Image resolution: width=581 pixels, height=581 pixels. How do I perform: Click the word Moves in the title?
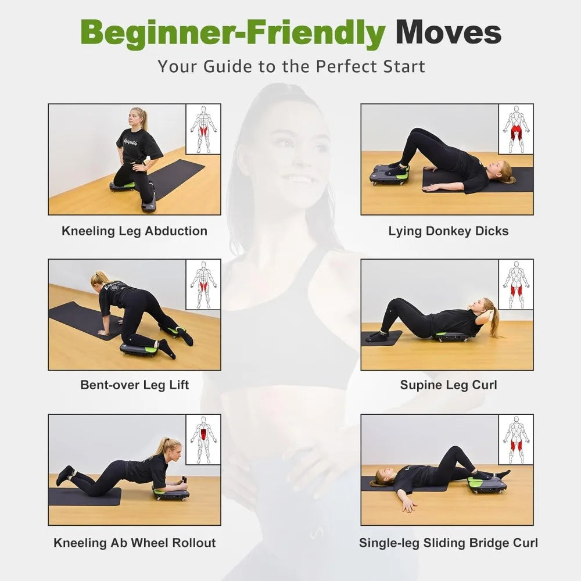pyautogui.click(x=449, y=32)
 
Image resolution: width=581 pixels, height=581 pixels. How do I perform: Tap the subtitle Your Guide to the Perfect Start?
pyautogui.click(x=291, y=67)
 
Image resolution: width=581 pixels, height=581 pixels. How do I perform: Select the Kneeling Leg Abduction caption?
pyautogui.click(x=135, y=231)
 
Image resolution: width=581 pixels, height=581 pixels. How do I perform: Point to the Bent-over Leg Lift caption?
pyautogui.click(x=135, y=385)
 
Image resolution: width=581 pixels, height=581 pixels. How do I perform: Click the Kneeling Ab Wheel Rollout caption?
pyautogui.click(x=135, y=543)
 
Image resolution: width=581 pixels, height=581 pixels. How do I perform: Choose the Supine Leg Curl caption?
pyautogui.click(x=449, y=385)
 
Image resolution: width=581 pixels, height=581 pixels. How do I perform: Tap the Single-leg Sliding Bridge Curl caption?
pyautogui.click(x=449, y=543)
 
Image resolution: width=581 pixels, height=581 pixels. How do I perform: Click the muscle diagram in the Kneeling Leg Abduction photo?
pyautogui.click(x=203, y=129)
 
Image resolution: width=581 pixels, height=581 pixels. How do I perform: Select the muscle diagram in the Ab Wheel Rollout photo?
pyautogui.click(x=203, y=439)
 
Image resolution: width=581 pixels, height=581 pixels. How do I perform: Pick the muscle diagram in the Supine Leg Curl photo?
pyautogui.click(x=516, y=284)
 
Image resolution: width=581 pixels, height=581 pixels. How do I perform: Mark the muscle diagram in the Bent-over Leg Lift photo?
pyautogui.click(x=203, y=284)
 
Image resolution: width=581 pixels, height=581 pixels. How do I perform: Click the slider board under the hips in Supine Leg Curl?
pyautogui.click(x=451, y=337)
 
